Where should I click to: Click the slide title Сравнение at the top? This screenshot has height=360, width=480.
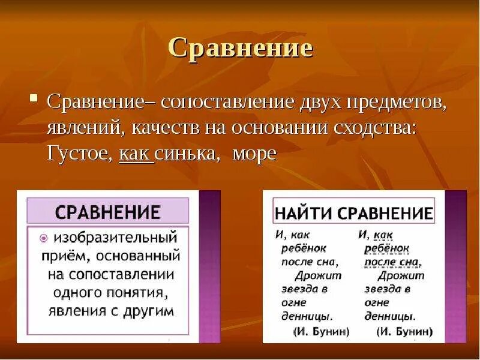pos(240,48)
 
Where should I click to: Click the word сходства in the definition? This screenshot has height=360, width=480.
pos(374,127)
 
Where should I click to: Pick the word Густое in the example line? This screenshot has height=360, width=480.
pos(78,154)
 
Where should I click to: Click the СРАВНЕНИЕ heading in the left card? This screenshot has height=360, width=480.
pos(108,212)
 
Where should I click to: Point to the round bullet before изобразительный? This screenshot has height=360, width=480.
pos(35,238)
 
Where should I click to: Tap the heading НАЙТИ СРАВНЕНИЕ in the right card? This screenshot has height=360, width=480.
pos(354,213)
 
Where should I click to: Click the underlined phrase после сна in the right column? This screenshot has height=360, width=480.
pos(392,262)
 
